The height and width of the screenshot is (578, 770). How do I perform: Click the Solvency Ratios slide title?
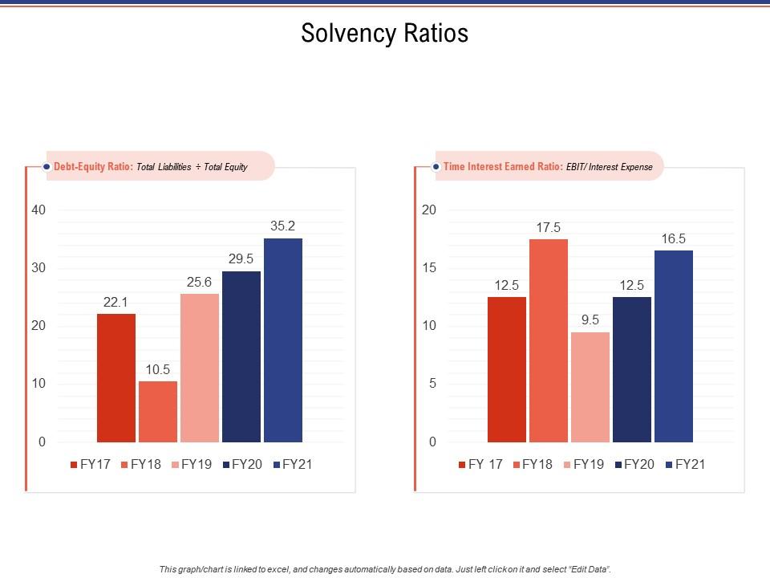(x=384, y=34)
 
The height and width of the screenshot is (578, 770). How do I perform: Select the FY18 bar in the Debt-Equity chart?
(x=158, y=411)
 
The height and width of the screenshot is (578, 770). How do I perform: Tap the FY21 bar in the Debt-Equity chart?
(x=283, y=340)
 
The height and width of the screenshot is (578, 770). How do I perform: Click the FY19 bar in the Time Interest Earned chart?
(x=590, y=387)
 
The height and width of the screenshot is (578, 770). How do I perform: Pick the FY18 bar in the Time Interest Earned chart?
(x=549, y=340)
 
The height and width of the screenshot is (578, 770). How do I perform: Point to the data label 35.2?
(x=283, y=226)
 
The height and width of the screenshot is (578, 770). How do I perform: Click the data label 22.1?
(x=116, y=302)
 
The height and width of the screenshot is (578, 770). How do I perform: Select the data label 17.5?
(x=549, y=227)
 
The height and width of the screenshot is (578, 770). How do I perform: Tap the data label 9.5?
(x=590, y=320)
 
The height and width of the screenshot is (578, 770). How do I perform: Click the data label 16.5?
(x=674, y=238)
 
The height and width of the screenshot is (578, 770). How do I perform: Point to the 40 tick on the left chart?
(x=38, y=210)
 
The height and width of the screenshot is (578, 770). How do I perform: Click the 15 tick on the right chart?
(x=429, y=268)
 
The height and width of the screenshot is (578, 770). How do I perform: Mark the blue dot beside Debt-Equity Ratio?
(x=47, y=167)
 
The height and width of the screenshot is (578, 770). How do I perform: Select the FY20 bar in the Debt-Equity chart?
(x=241, y=356)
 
